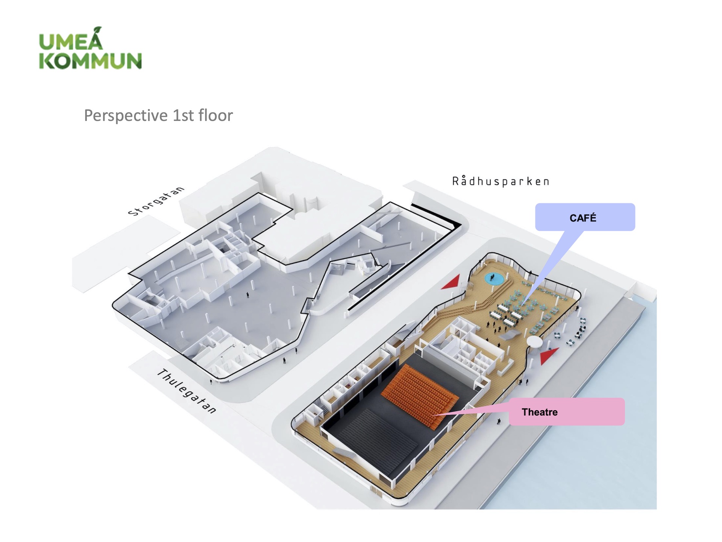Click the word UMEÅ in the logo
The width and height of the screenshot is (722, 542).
pos(71,41)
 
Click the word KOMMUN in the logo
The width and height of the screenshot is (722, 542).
pos(90,61)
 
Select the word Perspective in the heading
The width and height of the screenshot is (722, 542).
pos(126,115)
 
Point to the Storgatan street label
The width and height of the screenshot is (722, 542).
pos(156,201)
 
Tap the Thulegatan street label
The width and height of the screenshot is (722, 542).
pos(187,391)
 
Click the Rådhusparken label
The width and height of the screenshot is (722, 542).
pos(501,181)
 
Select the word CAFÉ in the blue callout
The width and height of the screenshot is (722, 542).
pos(583,218)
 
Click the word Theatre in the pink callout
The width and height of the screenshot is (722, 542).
pos(540,412)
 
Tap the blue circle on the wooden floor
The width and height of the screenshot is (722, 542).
pos(494,279)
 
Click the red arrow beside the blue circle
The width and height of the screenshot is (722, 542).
pos(451,283)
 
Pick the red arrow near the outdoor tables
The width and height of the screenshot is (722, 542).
pos(548,356)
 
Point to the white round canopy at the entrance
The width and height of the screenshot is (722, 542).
pos(534,341)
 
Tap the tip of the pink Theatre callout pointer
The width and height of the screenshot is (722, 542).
pos(434,415)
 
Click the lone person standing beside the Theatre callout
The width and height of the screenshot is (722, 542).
pos(499,421)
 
